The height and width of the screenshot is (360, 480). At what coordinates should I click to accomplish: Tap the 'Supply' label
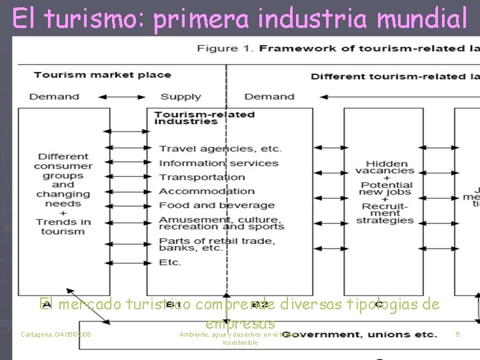click(x=181, y=97)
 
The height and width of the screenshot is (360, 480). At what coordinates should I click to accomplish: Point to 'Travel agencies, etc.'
click(x=220, y=149)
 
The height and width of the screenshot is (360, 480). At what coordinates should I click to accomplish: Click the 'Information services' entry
click(x=218, y=163)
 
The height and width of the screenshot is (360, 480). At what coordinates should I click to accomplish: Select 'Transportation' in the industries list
click(x=202, y=177)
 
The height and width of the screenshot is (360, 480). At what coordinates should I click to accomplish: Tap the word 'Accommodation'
click(x=207, y=191)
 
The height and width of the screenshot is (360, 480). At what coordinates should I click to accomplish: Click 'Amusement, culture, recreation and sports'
click(x=221, y=223)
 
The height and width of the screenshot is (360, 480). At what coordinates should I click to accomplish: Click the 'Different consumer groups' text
click(x=63, y=166)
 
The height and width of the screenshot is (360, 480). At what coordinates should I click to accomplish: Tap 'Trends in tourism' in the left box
click(x=63, y=227)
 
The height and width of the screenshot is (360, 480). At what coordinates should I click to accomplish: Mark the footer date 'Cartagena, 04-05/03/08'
click(x=56, y=334)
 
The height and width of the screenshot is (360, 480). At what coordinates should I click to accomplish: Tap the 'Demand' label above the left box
click(x=55, y=97)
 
